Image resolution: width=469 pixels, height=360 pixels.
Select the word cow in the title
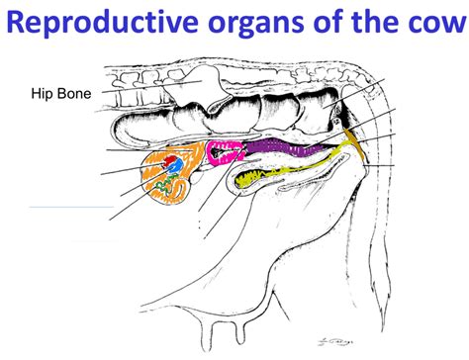tap(429, 28)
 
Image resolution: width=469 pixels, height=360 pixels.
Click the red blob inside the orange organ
tap(170, 158)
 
